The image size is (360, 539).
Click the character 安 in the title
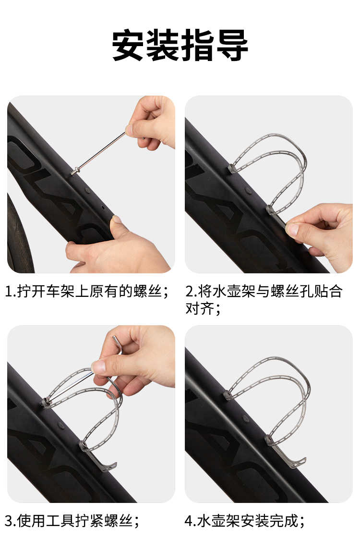[x=128, y=45]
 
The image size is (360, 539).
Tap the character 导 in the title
[x=231, y=45]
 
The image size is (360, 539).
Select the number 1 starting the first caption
[x=9, y=292]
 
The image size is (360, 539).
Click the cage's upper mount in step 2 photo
[x=232, y=169]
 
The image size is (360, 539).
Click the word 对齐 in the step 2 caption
[x=200, y=308]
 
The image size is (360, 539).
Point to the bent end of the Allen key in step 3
[x=118, y=343]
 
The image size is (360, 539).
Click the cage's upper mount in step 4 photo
[x=228, y=394]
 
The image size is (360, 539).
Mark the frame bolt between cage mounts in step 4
[x=246, y=418]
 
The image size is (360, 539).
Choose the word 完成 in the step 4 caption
[x=284, y=521]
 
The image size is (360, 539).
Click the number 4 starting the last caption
[x=189, y=521]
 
